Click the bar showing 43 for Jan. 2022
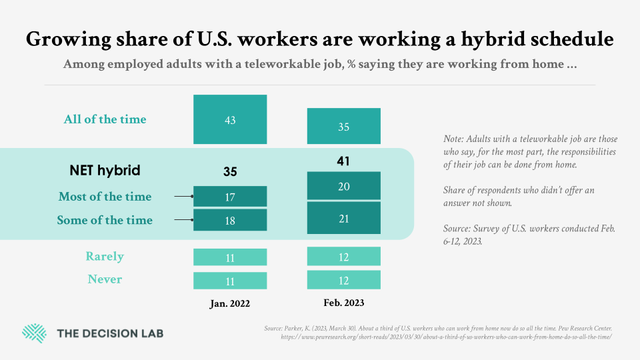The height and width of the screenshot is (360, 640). (x=230, y=119)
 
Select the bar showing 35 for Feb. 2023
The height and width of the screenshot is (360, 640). (x=343, y=126)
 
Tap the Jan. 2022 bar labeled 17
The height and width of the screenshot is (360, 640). (x=230, y=197)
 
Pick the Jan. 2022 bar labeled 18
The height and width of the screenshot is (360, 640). (x=230, y=220)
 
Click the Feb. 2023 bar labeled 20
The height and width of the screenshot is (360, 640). (x=343, y=186)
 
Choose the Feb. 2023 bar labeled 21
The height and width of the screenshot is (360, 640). (x=343, y=218)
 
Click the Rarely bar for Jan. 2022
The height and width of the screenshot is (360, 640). (x=230, y=257)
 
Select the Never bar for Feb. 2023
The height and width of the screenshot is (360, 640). (x=343, y=279)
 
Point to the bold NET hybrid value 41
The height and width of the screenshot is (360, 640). (x=343, y=161)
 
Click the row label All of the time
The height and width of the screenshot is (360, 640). (x=105, y=120)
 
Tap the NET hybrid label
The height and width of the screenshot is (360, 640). (x=105, y=171)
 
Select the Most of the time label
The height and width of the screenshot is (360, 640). (x=105, y=197)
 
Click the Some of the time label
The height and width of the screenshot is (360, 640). (x=105, y=220)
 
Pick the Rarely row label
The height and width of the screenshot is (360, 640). (x=105, y=257)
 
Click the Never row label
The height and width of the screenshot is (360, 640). (x=105, y=279)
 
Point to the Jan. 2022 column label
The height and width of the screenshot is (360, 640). (x=230, y=303)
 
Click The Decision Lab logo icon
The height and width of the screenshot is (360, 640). (x=34, y=333)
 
